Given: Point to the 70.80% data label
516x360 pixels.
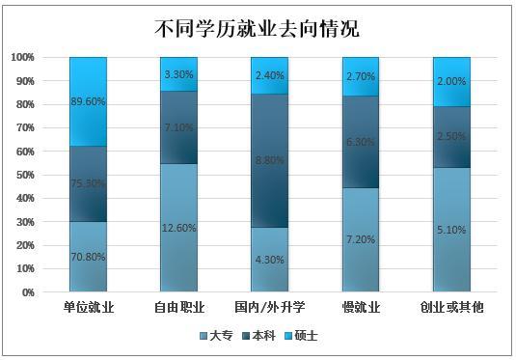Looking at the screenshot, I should pos(89,258).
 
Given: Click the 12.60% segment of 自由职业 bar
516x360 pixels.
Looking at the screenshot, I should pos(179,228).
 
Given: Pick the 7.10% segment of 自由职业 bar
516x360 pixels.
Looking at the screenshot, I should pos(179,127).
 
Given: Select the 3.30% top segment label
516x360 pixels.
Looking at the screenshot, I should pos(179,73).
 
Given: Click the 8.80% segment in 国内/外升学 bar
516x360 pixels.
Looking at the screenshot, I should pos(270,161).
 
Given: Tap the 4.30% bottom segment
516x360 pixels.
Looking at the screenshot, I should pos(270,259).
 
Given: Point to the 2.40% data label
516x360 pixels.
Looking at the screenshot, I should pos(270,75).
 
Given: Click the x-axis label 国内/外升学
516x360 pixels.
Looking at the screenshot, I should pos(270,308).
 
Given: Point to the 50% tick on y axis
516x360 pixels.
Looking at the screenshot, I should pos(23,175).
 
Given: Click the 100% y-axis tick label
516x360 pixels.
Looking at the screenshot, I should pos(21,57).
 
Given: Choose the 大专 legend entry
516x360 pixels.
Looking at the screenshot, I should pos(219,335).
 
